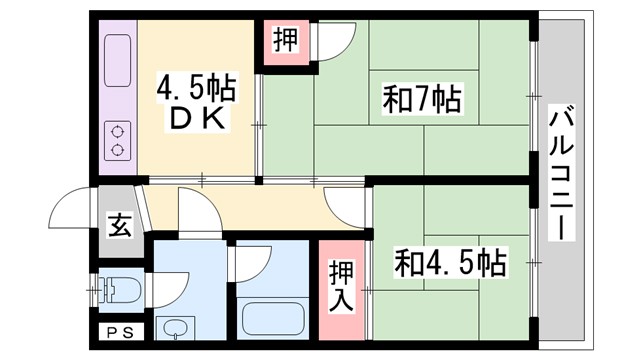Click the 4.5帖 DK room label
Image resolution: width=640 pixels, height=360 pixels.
coord(195,103)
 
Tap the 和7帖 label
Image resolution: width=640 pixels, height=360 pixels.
coord(421,98)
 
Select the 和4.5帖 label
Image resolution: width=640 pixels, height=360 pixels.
coord(450,264)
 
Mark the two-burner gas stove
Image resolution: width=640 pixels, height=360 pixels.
coord(117,139)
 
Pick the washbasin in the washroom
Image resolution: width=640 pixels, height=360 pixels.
coord(176,328)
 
